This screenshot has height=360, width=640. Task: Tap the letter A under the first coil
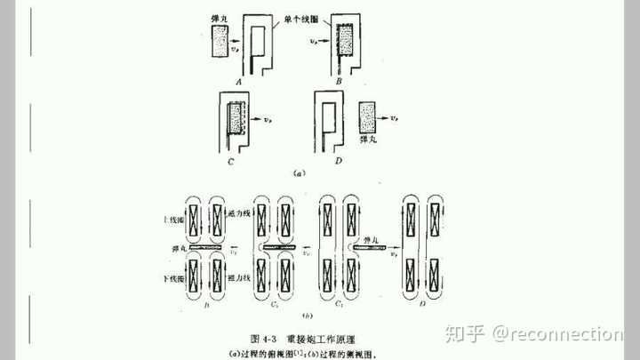tap(239, 81)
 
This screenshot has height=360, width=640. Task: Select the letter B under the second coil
tap(340, 81)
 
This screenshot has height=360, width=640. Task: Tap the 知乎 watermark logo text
tap(467, 334)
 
